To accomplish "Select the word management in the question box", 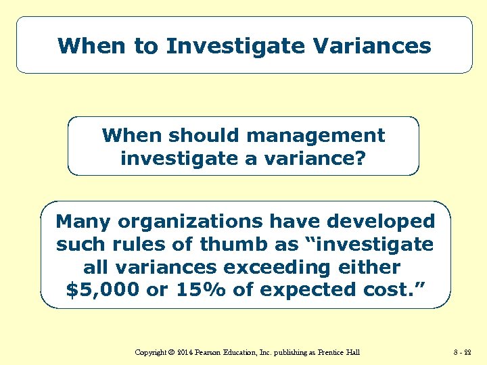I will pyautogui.click(x=316, y=135).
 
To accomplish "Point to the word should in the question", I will pyautogui.click(x=206, y=135).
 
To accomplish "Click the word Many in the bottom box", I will pyautogui.click(x=83, y=221).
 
